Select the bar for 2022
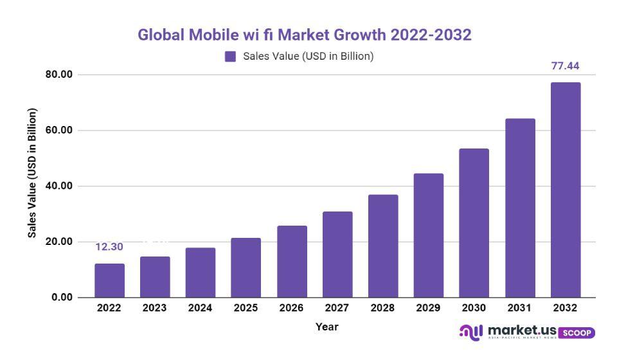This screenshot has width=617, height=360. (109, 280)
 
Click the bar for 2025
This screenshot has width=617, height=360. (246, 267)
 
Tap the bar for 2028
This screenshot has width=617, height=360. (382, 246)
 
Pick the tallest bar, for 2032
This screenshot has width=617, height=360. (565, 190)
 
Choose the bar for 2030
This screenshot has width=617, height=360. (474, 223)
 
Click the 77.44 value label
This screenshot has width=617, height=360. (565, 66)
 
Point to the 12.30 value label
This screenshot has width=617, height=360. (109, 247)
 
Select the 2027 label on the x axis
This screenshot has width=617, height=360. (337, 308)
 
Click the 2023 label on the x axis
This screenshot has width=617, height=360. (154, 308)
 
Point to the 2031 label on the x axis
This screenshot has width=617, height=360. (519, 308)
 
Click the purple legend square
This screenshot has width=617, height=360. (230, 57)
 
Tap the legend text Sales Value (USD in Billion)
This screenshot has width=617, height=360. (308, 57)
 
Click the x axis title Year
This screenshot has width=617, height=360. (326, 327)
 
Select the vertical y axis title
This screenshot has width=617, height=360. (32, 172)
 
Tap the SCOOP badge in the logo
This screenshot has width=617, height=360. (577, 333)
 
